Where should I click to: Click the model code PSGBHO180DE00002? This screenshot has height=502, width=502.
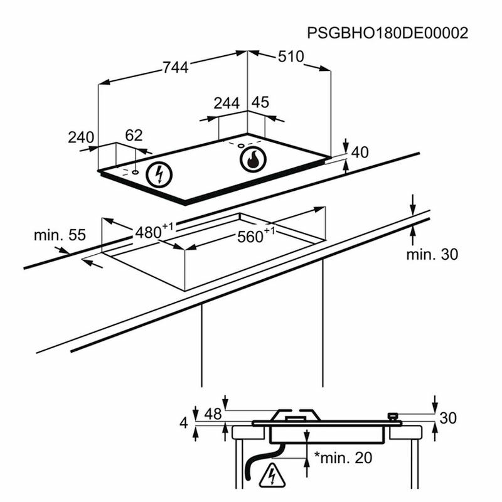[388, 33]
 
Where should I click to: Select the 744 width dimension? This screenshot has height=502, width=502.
[175, 68]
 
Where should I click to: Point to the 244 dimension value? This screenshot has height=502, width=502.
[227, 104]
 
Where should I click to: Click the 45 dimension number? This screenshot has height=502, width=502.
[260, 102]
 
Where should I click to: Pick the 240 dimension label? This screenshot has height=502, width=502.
[81, 137]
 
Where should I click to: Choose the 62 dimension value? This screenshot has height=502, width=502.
[134, 136]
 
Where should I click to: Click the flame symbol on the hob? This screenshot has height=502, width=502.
[252, 159]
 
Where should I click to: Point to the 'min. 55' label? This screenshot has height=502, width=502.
[59, 235]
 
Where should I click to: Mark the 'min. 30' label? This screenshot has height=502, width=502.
[432, 254]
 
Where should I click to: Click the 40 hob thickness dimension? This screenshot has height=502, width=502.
[359, 152]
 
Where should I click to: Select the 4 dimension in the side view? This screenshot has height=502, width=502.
[184, 424]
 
